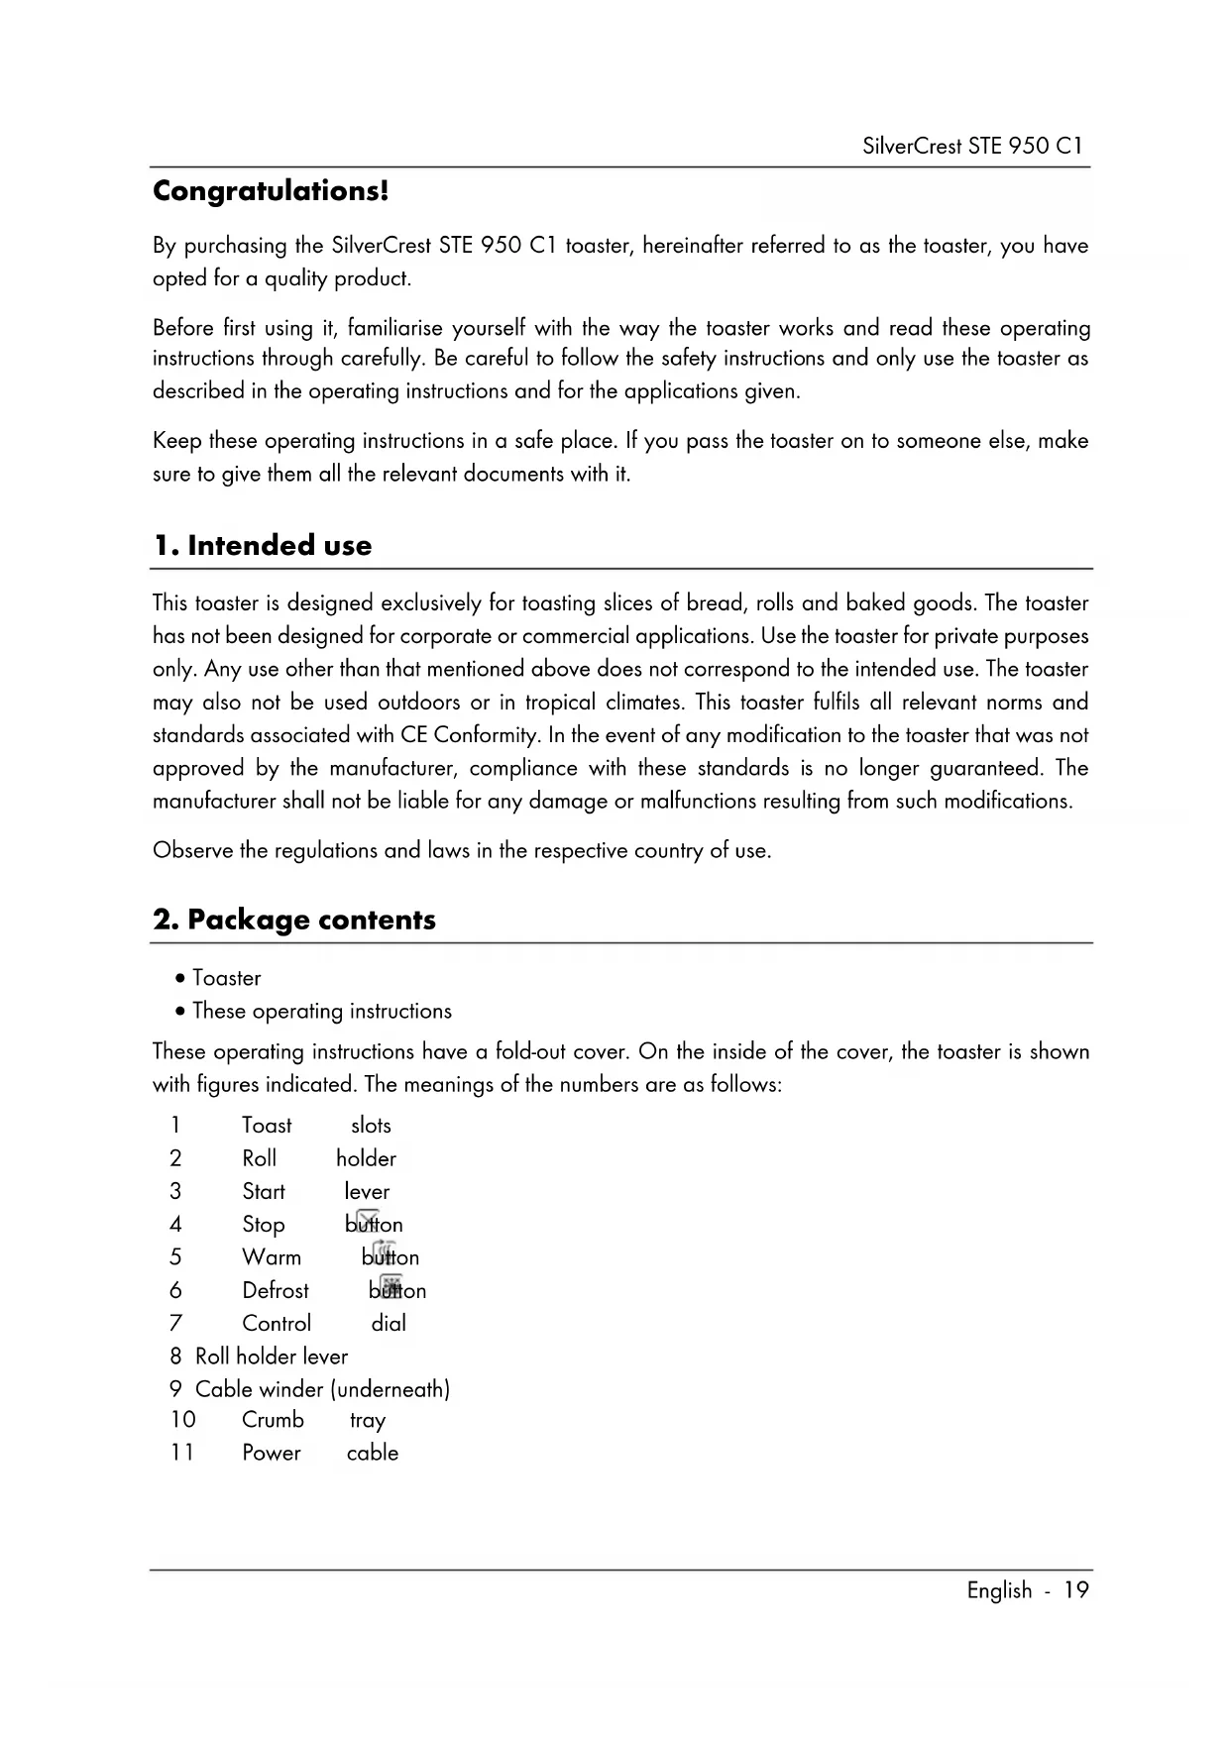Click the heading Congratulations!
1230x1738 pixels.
point(271,190)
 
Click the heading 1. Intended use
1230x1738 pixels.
point(263,545)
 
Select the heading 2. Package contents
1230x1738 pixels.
point(294,920)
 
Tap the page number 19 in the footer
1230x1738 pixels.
point(1076,1590)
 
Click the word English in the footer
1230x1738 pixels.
point(999,1590)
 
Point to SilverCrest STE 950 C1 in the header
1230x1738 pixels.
point(972,146)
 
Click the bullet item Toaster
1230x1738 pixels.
point(226,978)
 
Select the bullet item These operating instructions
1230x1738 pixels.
point(321,1011)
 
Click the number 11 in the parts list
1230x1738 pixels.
point(181,1453)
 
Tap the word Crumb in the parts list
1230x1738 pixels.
point(273,1420)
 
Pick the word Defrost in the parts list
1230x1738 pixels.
point(276,1290)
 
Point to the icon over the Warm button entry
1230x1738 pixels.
point(385,1251)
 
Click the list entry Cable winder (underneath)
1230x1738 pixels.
point(322,1389)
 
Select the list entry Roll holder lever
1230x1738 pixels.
point(272,1357)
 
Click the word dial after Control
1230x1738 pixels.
point(389,1323)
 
